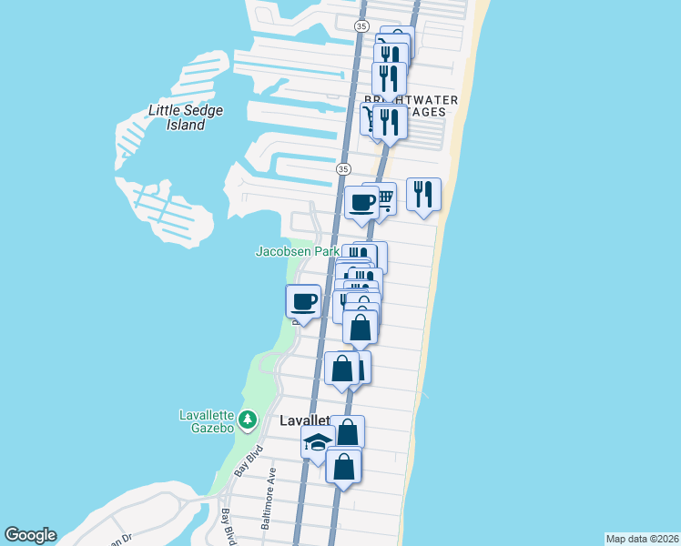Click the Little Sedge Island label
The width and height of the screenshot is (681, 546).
[x=186, y=117]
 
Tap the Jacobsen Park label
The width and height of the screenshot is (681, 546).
[x=297, y=251]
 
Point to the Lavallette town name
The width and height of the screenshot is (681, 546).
[x=302, y=421]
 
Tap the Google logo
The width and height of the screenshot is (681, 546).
[x=30, y=535]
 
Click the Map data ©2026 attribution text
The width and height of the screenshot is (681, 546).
[x=642, y=538]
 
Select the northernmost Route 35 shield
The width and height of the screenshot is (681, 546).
[x=362, y=25]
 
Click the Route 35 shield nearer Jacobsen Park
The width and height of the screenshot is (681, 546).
[x=342, y=169]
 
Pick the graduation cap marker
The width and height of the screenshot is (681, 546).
[x=317, y=442]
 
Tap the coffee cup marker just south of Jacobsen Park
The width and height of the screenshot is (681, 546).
[x=303, y=300]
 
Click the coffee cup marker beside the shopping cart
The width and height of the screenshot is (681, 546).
[x=361, y=202]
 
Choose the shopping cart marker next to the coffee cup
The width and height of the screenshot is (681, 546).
[x=383, y=197]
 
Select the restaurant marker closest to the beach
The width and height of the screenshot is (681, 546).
[x=423, y=194]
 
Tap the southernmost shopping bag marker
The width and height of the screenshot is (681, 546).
[x=343, y=465]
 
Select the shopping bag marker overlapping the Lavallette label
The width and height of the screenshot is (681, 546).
[x=347, y=431]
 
